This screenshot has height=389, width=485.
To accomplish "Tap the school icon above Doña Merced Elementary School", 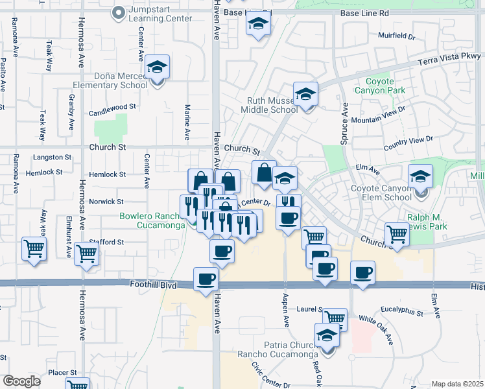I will [x=156, y=67].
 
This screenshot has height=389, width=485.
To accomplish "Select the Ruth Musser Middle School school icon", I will [x=305, y=95].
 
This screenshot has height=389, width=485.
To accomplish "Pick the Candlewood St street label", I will [x=114, y=106].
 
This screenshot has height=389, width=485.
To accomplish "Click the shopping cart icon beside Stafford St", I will [x=86, y=255].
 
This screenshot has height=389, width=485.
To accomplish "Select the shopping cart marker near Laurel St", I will [x=335, y=318].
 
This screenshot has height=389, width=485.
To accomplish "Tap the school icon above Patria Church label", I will [x=327, y=336].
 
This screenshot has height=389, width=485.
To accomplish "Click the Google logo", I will [x=21, y=381].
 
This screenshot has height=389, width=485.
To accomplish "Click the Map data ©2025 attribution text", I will [x=458, y=384].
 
